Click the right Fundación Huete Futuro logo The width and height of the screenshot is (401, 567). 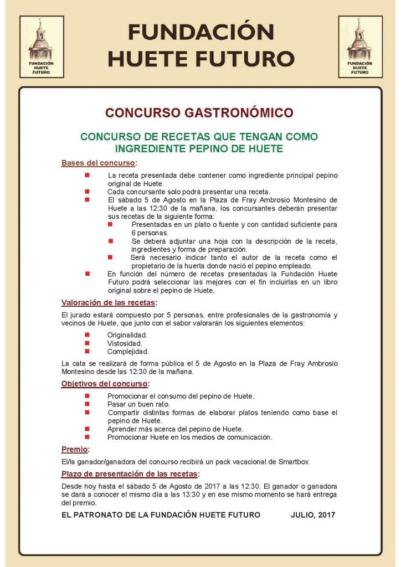[x=360, y=47]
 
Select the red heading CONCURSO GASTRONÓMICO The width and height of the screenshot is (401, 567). [x=199, y=113]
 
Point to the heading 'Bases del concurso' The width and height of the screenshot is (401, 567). [x=98, y=163]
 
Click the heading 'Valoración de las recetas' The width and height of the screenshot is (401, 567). [x=108, y=302]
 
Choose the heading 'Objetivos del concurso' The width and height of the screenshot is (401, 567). [x=104, y=384]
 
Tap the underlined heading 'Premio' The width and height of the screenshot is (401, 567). [x=74, y=450]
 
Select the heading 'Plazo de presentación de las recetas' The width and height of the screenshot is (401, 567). [x=129, y=474]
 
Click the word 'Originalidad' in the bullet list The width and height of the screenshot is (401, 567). [x=127, y=335]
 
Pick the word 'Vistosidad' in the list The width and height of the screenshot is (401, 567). [x=125, y=343]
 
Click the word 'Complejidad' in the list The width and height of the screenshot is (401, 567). [x=128, y=351]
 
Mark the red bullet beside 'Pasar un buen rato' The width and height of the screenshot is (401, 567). [x=87, y=404]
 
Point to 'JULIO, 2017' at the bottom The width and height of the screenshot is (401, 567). [x=313, y=515]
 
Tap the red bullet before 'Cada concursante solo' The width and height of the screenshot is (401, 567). [x=87, y=192]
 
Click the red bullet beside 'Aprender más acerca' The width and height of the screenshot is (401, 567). [x=87, y=429]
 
